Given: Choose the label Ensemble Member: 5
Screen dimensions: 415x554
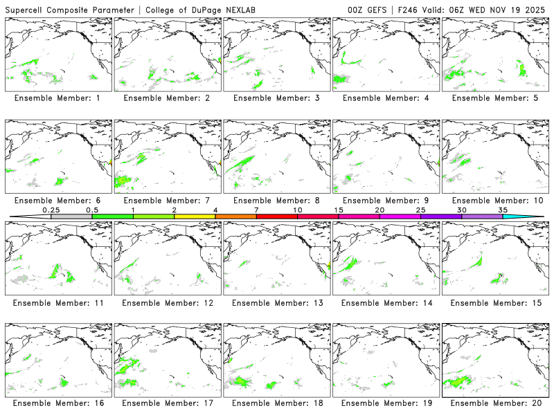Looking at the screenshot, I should click(x=494, y=98).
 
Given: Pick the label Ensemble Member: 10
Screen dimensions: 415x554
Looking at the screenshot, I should click(x=494, y=201).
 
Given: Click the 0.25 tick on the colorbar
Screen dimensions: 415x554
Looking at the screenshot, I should click(x=51, y=210).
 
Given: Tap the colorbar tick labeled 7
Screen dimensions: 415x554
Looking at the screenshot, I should click(x=256, y=210).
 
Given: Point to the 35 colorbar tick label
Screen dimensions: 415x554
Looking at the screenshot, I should click(x=503, y=210).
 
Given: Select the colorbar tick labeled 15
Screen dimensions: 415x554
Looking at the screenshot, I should click(x=339, y=210).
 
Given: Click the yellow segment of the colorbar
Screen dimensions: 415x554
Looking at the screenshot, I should click(x=195, y=216).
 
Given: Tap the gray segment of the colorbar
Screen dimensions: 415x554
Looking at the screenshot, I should click(x=71, y=216).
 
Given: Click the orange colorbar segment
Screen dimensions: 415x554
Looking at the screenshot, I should click(x=235, y=216).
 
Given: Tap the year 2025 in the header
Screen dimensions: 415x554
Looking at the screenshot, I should click(x=536, y=9).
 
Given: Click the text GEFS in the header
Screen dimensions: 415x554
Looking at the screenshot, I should click(x=374, y=9).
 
